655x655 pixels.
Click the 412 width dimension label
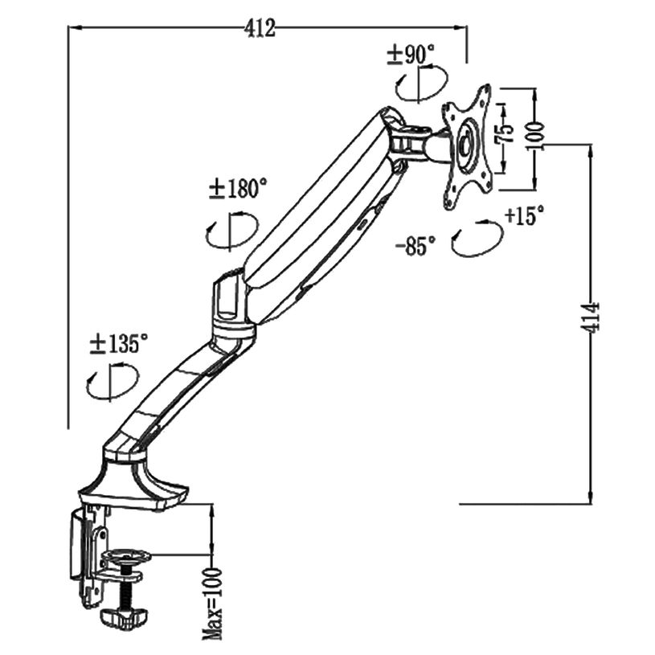click(261, 29)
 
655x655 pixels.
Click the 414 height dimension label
click(593, 319)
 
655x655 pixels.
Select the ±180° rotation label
click(237, 189)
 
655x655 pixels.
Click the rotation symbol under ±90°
click(421, 84)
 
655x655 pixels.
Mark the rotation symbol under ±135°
click(112, 382)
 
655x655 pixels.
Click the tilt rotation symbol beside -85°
click(476, 238)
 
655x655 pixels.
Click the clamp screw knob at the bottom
click(122, 616)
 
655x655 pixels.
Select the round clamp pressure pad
click(127, 556)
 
